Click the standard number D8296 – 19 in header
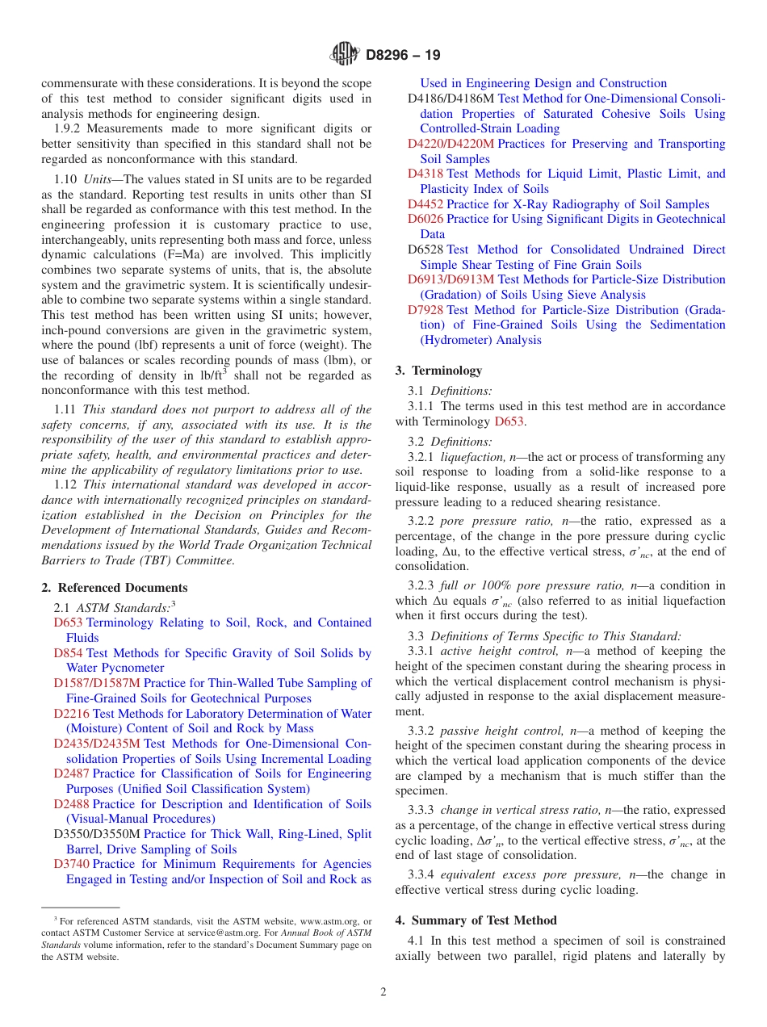(x=403, y=56)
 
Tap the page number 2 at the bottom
(x=383, y=992)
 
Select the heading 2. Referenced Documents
(x=115, y=588)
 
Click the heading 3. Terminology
(x=438, y=371)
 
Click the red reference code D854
(x=68, y=653)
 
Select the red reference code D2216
(x=72, y=714)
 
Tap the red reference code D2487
(x=72, y=773)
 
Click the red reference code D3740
(x=72, y=864)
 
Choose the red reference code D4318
(x=425, y=174)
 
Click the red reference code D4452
(x=425, y=204)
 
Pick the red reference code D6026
(x=425, y=219)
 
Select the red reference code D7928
(x=425, y=310)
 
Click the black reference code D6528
(x=425, y=249)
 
